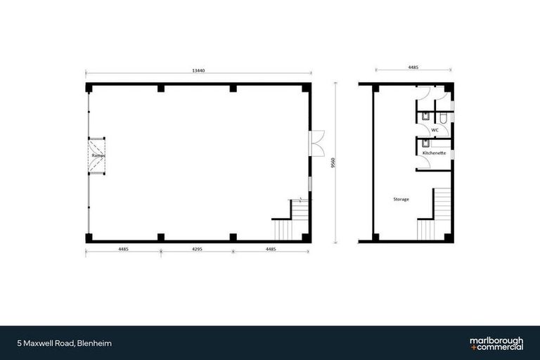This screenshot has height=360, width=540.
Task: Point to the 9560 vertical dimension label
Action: [331, 162]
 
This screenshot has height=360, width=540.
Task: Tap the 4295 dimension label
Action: [198, 249]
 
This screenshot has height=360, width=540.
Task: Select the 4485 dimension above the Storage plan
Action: [413, 67]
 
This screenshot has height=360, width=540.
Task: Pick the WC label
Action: [435, 130]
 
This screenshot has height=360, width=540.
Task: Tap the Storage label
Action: [401, 199]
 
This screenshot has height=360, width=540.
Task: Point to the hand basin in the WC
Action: [426, 117]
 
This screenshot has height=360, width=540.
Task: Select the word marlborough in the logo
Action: [496, 340]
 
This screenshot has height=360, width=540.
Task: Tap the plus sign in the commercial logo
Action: [472, 347]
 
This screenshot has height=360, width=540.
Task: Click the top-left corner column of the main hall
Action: [89, 88]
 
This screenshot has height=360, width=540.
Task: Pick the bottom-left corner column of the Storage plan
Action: [375, 237]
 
